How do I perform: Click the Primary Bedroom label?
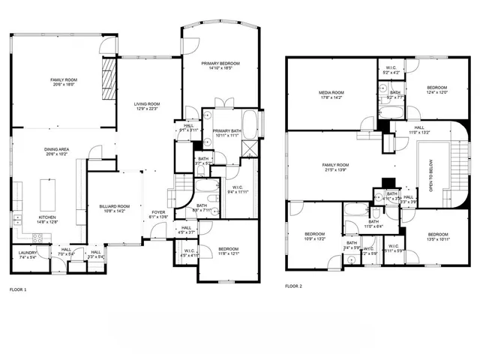[220, 64]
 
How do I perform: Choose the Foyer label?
[158, 212]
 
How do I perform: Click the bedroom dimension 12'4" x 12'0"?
[436, 92]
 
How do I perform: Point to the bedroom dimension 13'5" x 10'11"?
[436, 238]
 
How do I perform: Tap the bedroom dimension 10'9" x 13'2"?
[315, 239]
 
